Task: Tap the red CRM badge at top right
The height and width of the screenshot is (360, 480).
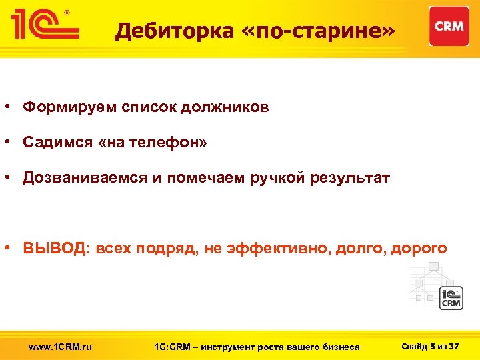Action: (449, 26)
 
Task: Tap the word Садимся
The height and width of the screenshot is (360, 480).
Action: (57, 143)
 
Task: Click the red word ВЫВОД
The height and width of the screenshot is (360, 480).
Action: (53, 249)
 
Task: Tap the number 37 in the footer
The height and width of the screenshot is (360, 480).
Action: (455, 346)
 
